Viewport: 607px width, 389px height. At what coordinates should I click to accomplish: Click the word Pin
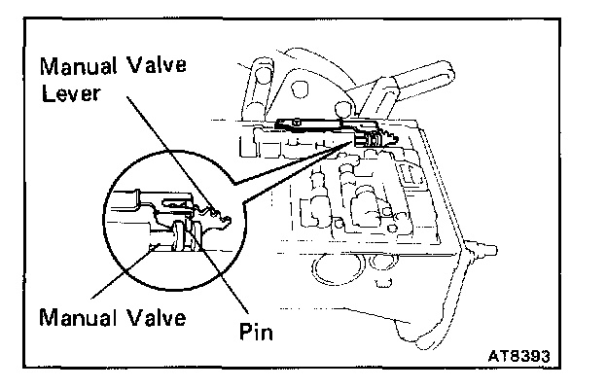point(257,332)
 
